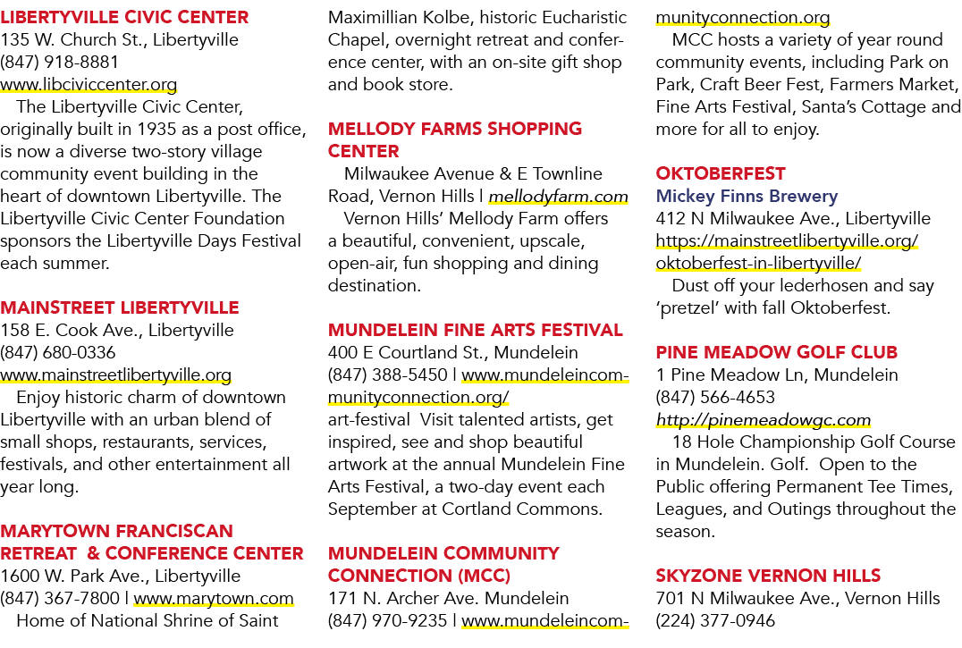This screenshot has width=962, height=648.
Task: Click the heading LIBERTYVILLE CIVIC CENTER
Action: click(x=124, y=17)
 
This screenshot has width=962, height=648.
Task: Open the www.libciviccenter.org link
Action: click(x=89, y=85)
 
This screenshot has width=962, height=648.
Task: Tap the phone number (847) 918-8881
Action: click(x=60, y=62)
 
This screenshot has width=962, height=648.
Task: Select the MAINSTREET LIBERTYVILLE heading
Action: click(x=120, y=307)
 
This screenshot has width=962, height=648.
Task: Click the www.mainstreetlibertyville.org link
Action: click(x=116, y=374)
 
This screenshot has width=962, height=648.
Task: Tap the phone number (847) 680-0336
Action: click(x=58, y=352)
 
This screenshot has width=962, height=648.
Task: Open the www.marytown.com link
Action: click(x=214, y=598)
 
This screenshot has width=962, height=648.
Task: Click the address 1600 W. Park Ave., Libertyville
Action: click(x=120, y=576)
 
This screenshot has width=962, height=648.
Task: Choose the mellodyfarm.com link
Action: click(x=558, y=196)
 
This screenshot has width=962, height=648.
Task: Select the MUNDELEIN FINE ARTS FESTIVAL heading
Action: click(x=476, y=331)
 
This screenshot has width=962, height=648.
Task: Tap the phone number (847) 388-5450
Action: click(x=388, y=374)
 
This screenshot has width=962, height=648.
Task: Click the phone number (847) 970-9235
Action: click(x=388, y=620)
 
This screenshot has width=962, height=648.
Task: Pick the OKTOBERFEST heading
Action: click(x=721, y=173)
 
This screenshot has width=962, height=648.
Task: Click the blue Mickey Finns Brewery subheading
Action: click(x=747, y=196)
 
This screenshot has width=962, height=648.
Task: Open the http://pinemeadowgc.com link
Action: click(x=764, y=420)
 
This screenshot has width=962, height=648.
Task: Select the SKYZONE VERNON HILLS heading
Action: click(x=768, y=576)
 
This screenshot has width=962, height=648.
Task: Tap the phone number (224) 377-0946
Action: click(x=715, y=620)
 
